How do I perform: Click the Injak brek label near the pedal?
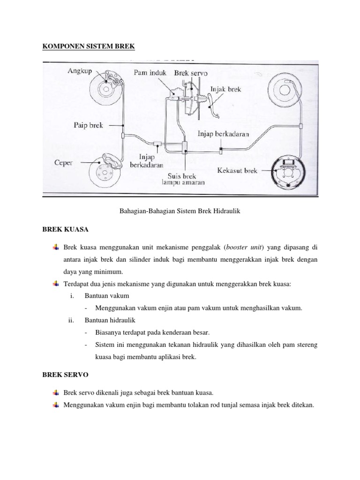click(x=226, y=89)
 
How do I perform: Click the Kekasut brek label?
click(x=238, y=171)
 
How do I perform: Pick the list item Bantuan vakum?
click(x=106, y=296)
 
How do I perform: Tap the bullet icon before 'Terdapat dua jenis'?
click(x=56, y=284)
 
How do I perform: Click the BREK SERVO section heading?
click(x=65, y=376)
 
